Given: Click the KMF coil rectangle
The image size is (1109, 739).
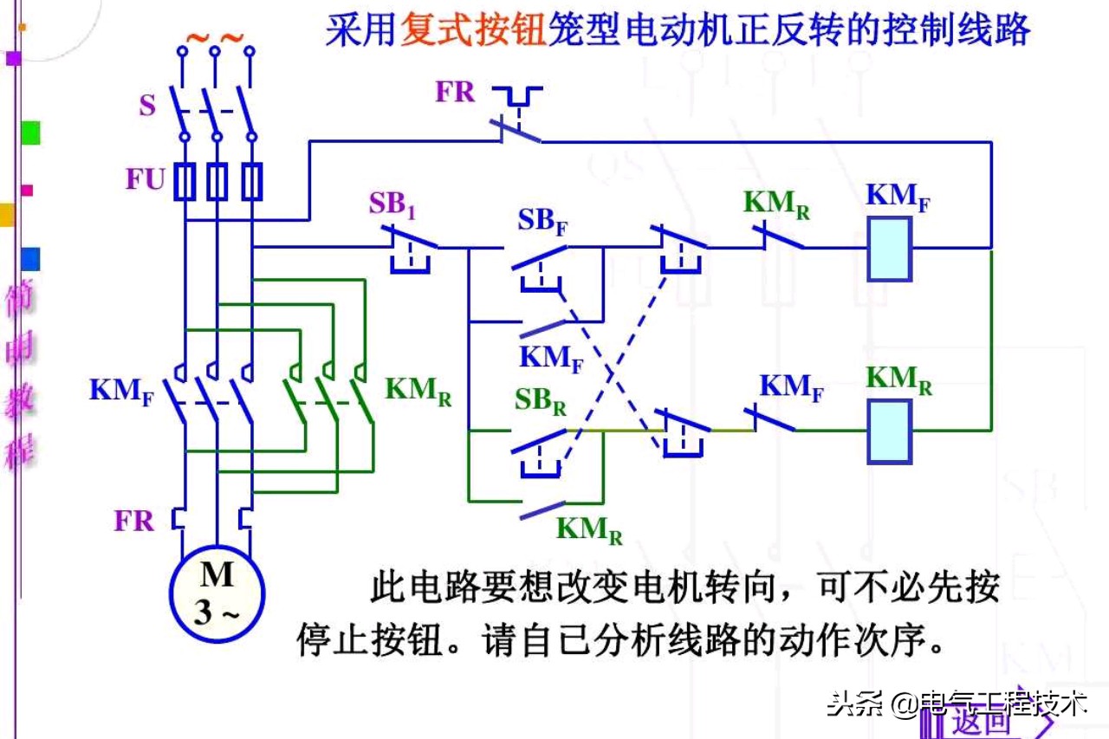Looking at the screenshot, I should [889, 249].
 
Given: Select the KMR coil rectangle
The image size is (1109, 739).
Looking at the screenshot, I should [889, 431].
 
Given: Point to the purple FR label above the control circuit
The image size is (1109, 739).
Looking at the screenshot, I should [455, 92].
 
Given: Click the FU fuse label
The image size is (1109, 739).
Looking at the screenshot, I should [145, 180].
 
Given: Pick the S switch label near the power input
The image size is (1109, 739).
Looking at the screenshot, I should [147, 106].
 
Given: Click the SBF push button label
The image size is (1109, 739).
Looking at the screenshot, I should [543, 220].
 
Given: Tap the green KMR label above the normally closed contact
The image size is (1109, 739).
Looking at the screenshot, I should [776, 204].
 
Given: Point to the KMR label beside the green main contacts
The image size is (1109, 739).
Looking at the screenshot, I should [418, 390].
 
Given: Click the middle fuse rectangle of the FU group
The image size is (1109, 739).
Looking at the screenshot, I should [217, 182].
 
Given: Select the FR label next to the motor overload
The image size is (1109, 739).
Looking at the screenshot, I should [134, 521].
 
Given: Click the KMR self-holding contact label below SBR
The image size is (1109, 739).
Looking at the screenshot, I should [589, 529].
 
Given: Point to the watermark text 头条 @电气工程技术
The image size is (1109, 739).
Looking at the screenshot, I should [957, 702].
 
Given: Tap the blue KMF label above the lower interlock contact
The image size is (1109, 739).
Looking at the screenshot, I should [791, 386].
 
